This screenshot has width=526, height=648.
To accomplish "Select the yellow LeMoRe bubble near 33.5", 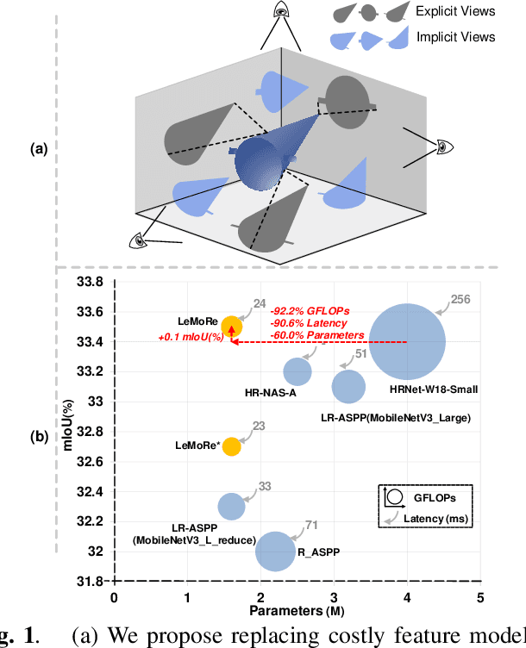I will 231,326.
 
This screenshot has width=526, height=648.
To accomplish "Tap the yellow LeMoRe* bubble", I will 231,445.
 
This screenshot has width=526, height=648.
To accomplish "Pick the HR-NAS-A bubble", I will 297,371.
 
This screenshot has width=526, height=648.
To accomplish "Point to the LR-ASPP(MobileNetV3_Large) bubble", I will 348,386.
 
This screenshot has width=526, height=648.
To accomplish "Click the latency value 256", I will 461,300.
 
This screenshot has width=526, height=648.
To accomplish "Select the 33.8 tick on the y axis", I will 89,282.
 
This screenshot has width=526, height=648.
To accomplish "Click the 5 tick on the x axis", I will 480,597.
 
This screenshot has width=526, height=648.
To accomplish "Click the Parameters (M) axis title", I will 297,610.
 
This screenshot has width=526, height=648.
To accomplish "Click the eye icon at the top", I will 282,10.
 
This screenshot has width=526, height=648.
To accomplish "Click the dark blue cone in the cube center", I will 267,155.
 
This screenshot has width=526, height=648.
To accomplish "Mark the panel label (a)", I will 38,148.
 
